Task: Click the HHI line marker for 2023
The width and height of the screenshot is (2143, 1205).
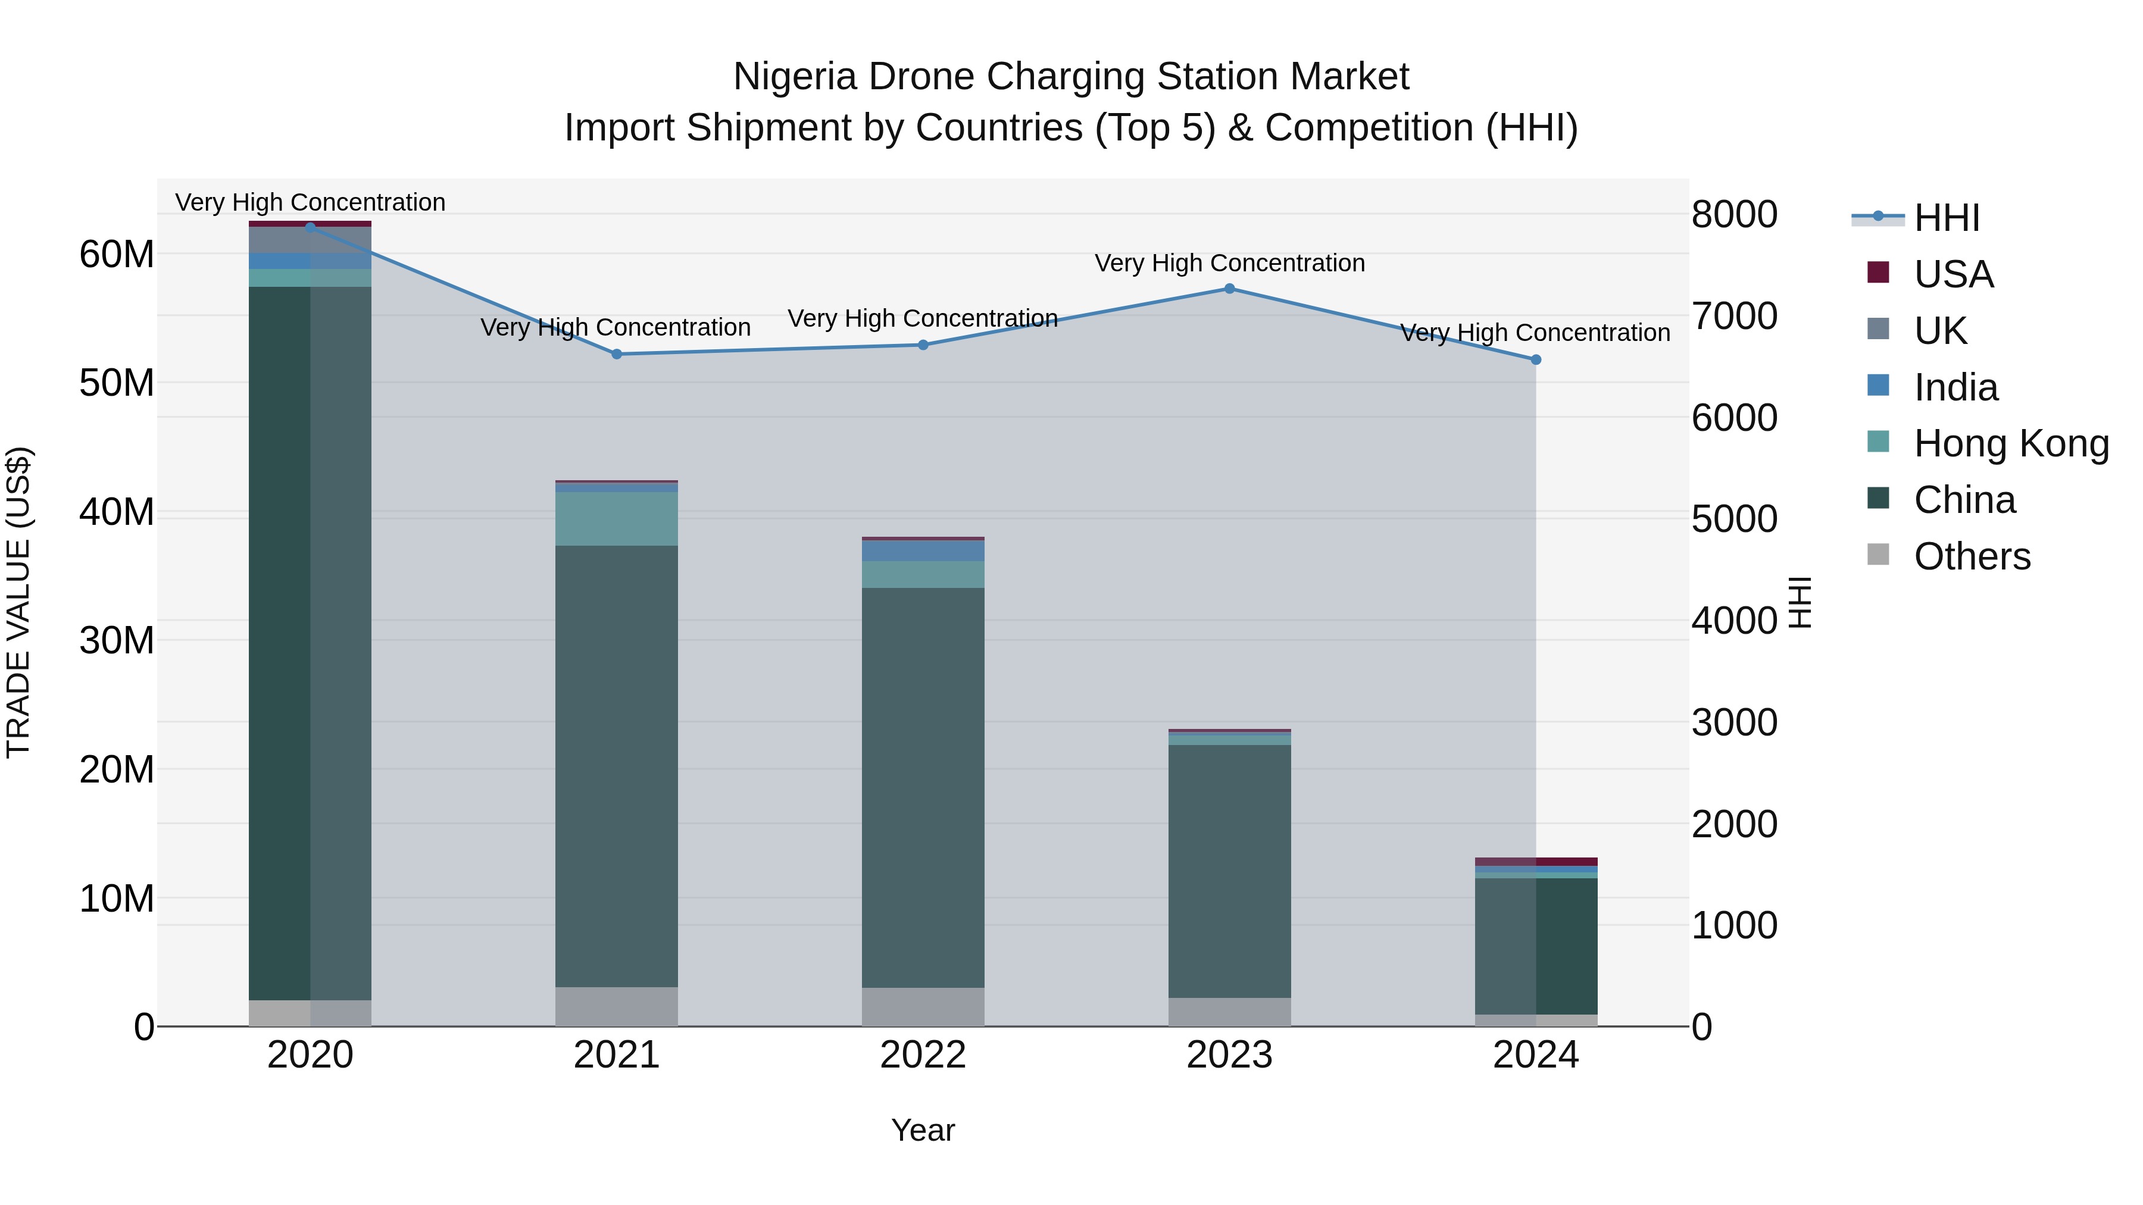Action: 1230,289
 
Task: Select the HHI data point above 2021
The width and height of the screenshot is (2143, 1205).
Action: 617,354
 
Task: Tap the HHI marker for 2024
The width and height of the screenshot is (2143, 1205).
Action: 1536,360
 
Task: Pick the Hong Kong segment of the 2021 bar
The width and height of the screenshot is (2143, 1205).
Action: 617,519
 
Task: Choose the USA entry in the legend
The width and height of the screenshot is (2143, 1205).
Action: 1953,274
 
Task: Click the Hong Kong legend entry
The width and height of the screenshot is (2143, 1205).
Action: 2011,443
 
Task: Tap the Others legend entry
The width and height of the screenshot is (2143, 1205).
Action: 1972,556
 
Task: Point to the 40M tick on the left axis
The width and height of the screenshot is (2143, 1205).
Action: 117,511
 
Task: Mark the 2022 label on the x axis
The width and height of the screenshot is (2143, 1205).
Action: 923,1055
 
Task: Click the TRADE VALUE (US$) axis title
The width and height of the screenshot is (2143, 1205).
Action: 18,602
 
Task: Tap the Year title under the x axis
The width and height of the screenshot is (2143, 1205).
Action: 923,1130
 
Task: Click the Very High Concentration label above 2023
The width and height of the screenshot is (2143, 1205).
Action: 1230,263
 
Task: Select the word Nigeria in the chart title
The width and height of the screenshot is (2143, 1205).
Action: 795,77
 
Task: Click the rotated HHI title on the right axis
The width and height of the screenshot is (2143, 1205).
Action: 1800,602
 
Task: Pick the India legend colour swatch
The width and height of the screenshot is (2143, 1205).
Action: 1878,385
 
